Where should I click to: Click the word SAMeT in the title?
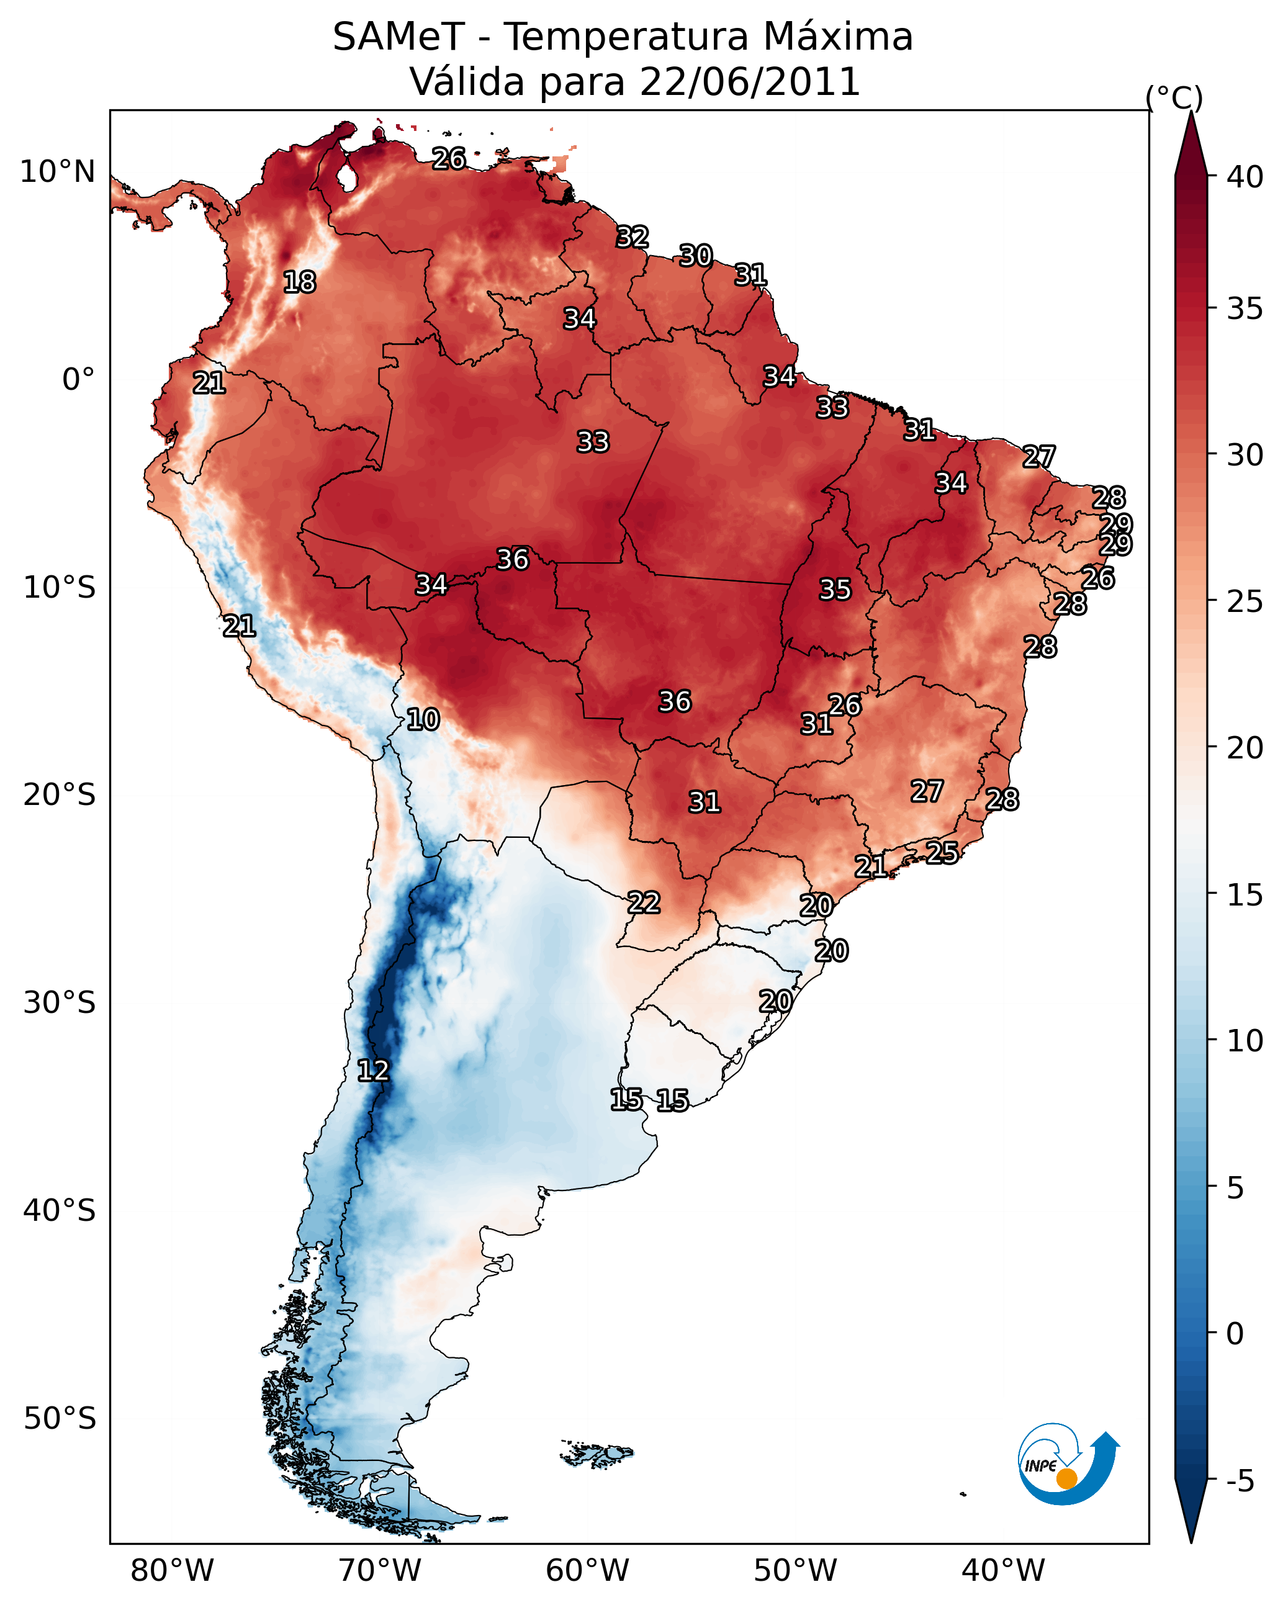pyautogui.click(x=398, y=37)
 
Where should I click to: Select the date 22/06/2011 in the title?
pyautogui.click(x=749, y=82)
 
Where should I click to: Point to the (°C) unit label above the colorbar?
pyautogui.click(x=1174, y=97)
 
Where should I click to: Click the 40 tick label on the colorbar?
pyautogui.click(x=1245, y=177)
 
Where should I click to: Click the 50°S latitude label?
pyautogui.click(x=60, y=1419)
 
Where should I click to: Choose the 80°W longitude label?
pyautogui.click(x=172, y=1571)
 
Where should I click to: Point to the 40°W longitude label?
pyautogui.click(x=1003, y=1571)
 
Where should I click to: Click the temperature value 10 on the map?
pyautogui.click(x=423, y=720)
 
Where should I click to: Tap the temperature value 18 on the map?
pyautogui.click(x=299, y=282)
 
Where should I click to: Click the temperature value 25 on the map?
pyautogui.click(x=942, y=852)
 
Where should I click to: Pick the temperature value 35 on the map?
pyautogui.click(x=835, y=590)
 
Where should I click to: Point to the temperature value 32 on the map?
pyautogui.click(x=632, y=238)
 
